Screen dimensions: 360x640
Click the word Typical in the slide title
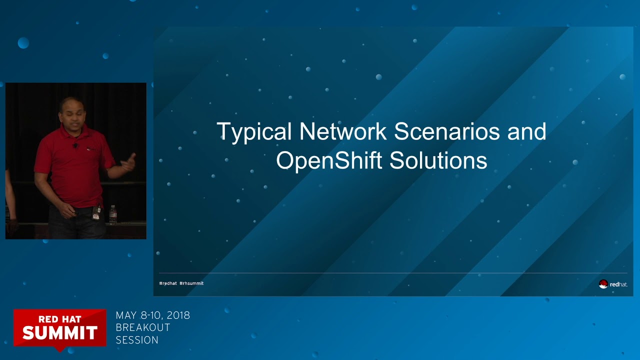[x=254, y=132]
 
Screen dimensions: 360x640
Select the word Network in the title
[x=342, y=131]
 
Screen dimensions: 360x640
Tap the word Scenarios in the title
[x=446, y=131]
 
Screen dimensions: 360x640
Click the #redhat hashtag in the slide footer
[x=168, y=283]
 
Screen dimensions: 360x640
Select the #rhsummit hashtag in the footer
[x=191, y=283]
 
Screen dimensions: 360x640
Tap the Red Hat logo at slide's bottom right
[x=613, y=284]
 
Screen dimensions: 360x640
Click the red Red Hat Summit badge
[x=59, y=327]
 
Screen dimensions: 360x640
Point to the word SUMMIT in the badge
[x=59, y=332]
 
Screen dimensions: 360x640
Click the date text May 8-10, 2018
[x=152, y=315]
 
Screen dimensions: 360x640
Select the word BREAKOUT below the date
[x=143, y=327]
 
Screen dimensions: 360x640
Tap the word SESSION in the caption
[x=137, y=340]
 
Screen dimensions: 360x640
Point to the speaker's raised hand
[x=129, y=162]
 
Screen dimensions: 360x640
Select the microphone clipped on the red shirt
[x=75, y=146]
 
